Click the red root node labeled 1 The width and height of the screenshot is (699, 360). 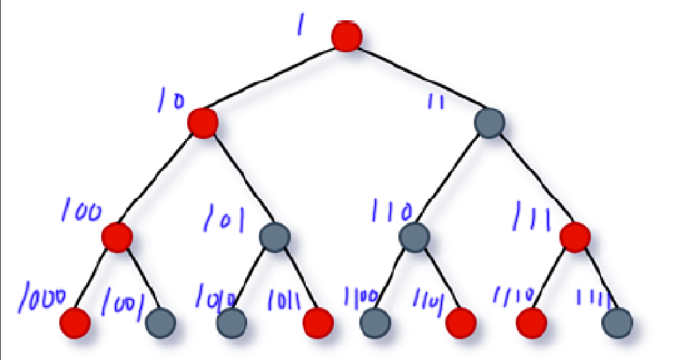(x=346, y=36)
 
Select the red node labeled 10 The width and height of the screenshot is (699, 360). (x=203, y=123)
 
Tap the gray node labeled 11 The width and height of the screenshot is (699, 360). (x=489, y=123)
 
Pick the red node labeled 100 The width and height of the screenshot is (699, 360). (x=117, y=237)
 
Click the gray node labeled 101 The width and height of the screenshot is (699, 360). (x=274, y=237)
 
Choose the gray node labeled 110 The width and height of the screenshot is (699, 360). (x=413, y=237)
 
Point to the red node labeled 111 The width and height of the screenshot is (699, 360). (x=575, y=237)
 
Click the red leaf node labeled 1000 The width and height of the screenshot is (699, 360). (x=76, y=321)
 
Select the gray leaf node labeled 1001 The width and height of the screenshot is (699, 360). (x=160, y=321)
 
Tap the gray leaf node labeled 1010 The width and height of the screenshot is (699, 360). (x=231, y=321)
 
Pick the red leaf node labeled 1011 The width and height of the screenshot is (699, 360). (x=318, y=321)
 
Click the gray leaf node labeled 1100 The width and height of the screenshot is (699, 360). (x=375, y=321)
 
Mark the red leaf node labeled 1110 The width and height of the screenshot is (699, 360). (x=531, y=321)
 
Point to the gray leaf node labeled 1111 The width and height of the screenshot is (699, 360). (x=617, y=321)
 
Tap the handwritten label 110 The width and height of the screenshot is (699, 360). (x=392, y=211)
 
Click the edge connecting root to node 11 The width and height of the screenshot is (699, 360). (x=417, y=79)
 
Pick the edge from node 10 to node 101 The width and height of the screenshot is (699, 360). (x=239, y=180)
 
